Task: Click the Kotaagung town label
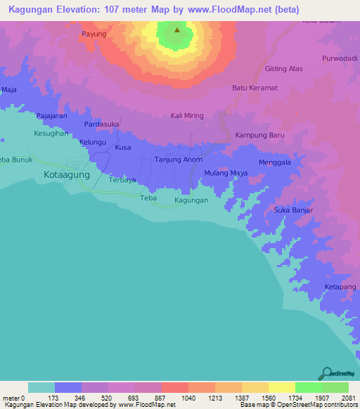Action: point(67,174)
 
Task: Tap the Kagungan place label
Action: point(191,200)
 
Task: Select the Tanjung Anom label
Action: point(179,160)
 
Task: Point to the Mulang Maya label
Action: point(226,173)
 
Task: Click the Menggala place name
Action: point(275,161)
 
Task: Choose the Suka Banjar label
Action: point(292,210)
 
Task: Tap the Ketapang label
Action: point(340,287)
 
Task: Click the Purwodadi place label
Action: point(340,58)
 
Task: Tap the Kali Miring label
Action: point(187,116)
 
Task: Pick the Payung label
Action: point(94,34)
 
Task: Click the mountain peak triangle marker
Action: point(177,30)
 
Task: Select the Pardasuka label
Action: point(101,124)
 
